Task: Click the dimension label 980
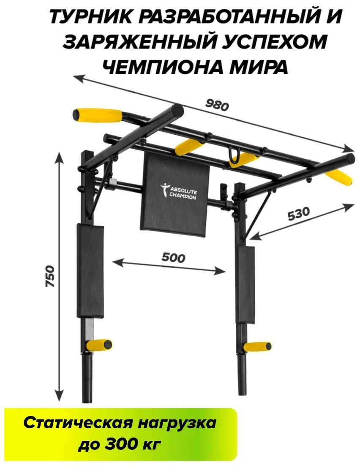(x=217, y=104)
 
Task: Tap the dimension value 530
(x=299, y=214)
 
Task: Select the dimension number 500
(x=173, y=257)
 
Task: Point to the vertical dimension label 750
(x=50, y=277)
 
